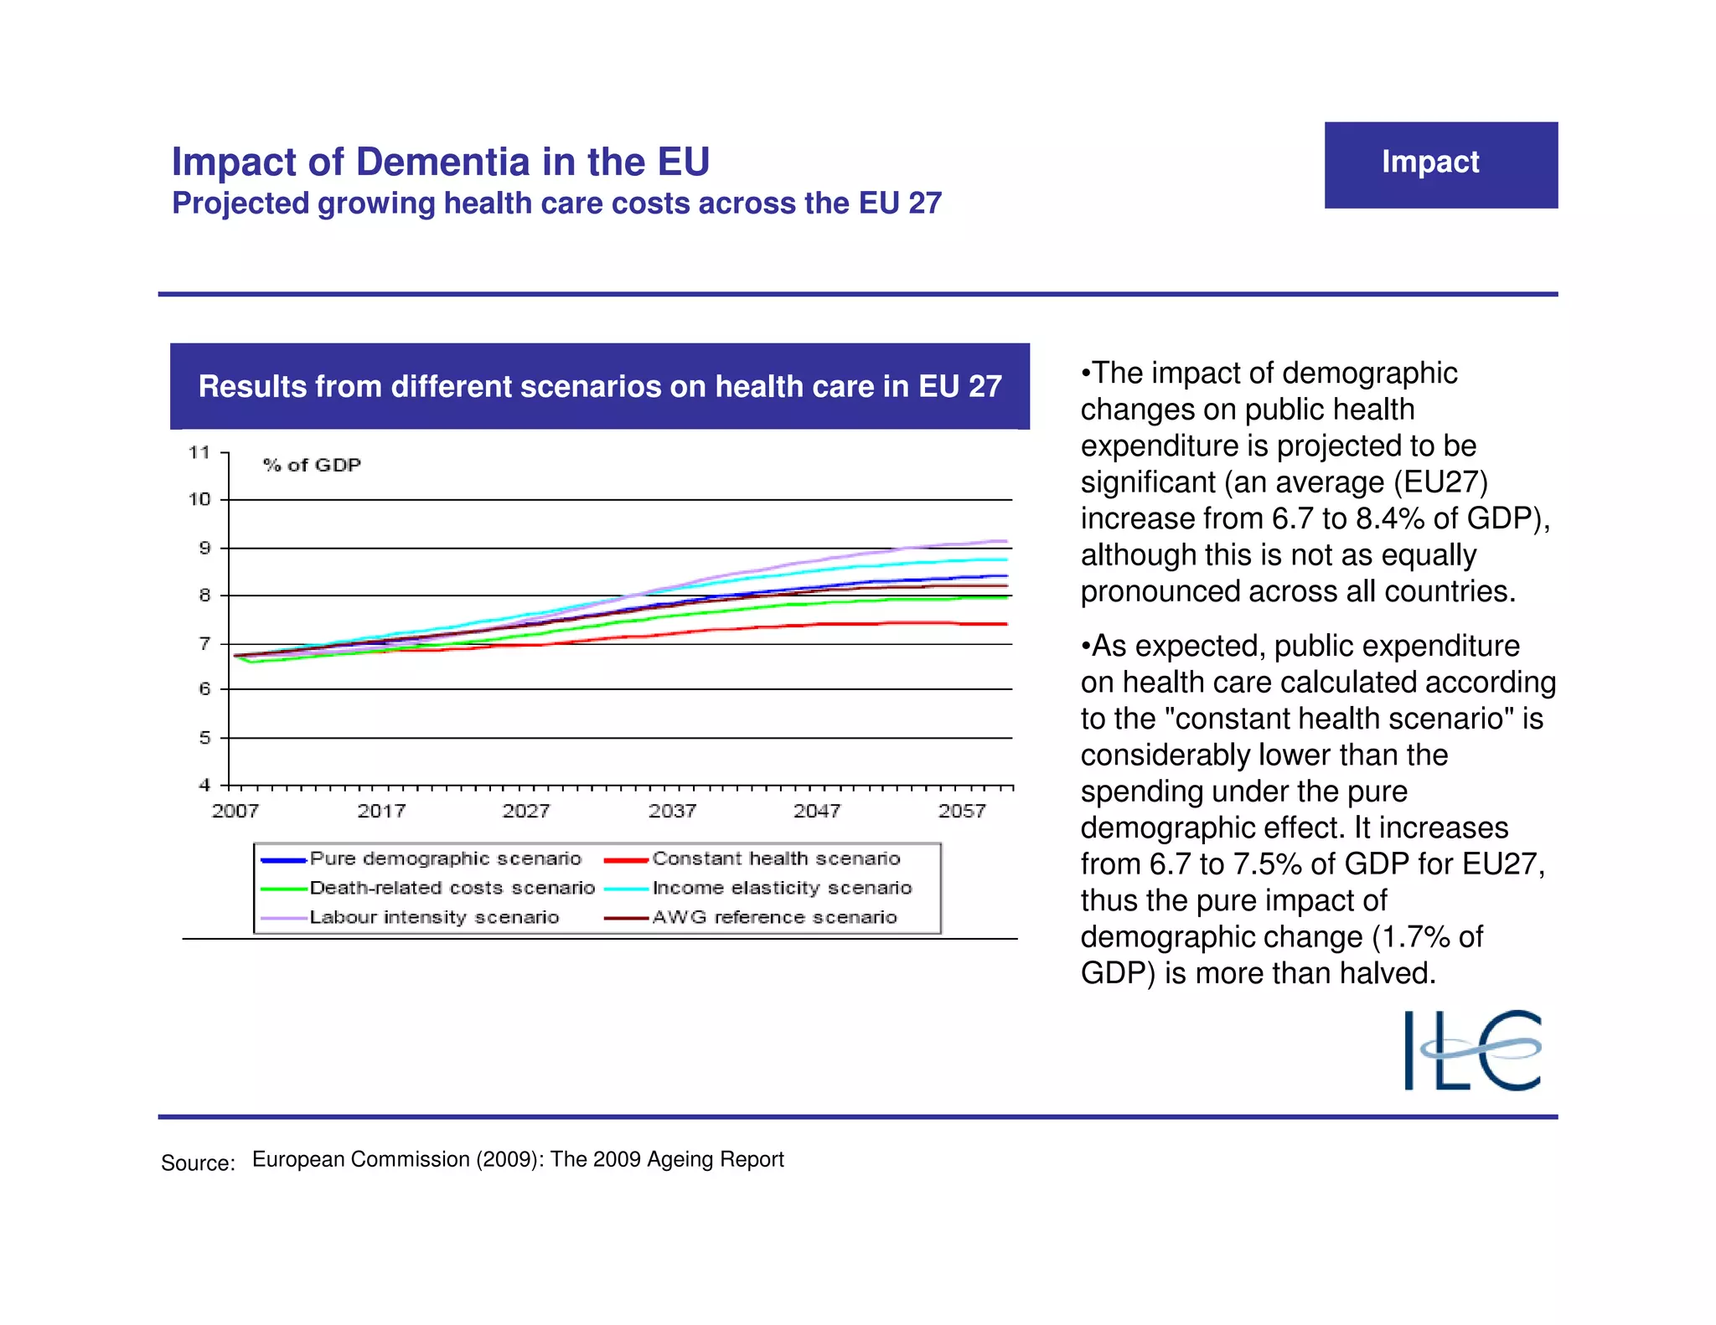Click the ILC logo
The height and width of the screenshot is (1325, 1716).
1472,1049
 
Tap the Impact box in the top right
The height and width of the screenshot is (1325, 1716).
1440,164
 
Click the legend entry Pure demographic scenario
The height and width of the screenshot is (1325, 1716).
445,858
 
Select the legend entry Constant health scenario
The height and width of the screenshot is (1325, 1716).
776,858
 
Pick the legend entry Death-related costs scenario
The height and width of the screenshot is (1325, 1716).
452,888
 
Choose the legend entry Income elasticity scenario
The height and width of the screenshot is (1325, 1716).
782,888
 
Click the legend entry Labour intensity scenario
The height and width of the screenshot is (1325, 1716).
434,917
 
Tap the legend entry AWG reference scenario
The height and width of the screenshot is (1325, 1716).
774,917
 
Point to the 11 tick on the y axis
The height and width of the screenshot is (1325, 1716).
199,452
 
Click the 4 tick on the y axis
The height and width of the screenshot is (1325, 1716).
204,785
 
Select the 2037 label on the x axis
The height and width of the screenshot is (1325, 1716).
672,811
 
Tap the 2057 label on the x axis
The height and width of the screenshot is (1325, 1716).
962,811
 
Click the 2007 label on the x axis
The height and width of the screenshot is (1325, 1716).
235,811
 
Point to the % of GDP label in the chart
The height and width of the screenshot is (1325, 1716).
312,465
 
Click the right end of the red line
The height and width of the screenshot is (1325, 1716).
1005,624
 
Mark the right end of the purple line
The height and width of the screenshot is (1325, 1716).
1005,541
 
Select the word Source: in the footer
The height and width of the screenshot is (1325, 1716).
198,1163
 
